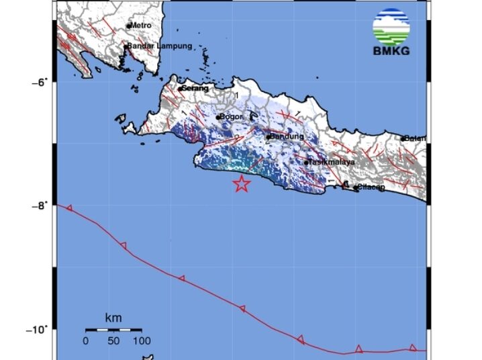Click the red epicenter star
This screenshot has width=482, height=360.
pyautogui.click(x=241, y=183)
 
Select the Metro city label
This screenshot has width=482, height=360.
pyautogui.click(x=142, y=26)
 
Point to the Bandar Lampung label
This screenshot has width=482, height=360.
pyautogui.click(x=160, y=46)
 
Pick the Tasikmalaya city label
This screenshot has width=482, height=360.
pyautogui.click(x=332, y=162)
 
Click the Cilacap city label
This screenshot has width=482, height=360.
pyautogui.click(x=372, y=187)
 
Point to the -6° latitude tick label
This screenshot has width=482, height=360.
pyautogui.click(x=42, y=82)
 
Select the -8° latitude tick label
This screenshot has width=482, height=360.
pyautogui.click(x=42, y=206)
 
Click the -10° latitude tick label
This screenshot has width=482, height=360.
pyautogui.click(x=40, y=329)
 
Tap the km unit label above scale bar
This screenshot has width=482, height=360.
pyautogui.click(x=113, y=317)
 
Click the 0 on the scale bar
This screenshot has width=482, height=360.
pyautogui.click(x=86, y=341)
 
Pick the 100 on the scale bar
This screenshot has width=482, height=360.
pyautogui.click(x=141, y=341)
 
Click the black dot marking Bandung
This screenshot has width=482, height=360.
pyautogui.click(x=268, y=137)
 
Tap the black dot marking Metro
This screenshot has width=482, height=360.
pyautogui.click(x=129, y=26)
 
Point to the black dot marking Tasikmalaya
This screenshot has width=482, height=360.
pyautogui.click(x=306, y=163)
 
